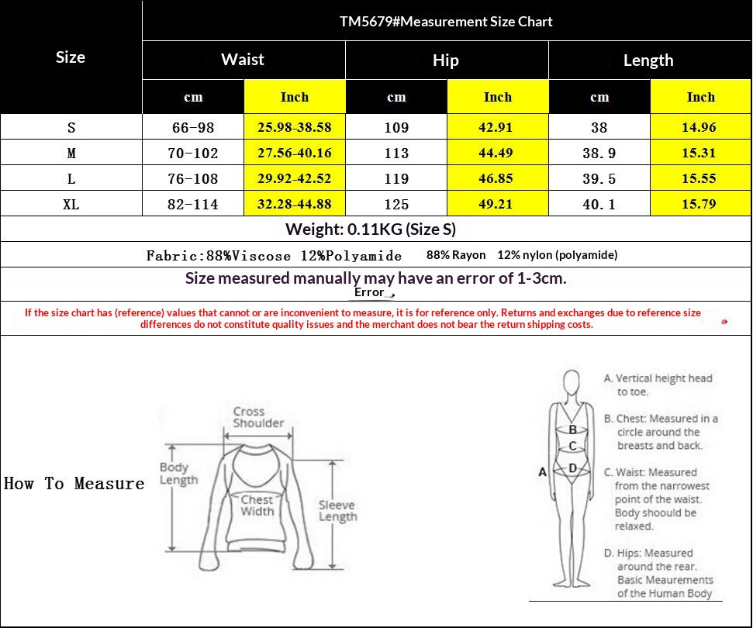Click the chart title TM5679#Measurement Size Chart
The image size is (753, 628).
(446, 22)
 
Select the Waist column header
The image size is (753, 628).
(243, 60)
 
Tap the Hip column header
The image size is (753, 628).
(446, 60)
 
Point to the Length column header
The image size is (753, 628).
(648, 60)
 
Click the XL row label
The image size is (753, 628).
(71, 205)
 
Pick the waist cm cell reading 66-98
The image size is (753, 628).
(193, 128)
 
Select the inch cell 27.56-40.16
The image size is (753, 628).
(295, 154)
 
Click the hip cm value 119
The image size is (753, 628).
(397, 178)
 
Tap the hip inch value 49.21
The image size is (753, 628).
(496, 204)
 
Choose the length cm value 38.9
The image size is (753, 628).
(599, 154)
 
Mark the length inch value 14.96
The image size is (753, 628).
(699, 127)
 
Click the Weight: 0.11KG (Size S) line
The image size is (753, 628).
(370, 229)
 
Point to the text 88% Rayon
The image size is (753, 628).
(456, 255)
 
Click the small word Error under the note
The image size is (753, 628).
(369, 292)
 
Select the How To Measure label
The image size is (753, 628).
(74, 484)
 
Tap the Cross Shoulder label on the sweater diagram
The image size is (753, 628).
(258, 417)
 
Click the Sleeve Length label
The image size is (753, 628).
(337, 511)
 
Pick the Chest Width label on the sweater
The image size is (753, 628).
(257, 506)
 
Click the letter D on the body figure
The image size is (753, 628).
(572, 468)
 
